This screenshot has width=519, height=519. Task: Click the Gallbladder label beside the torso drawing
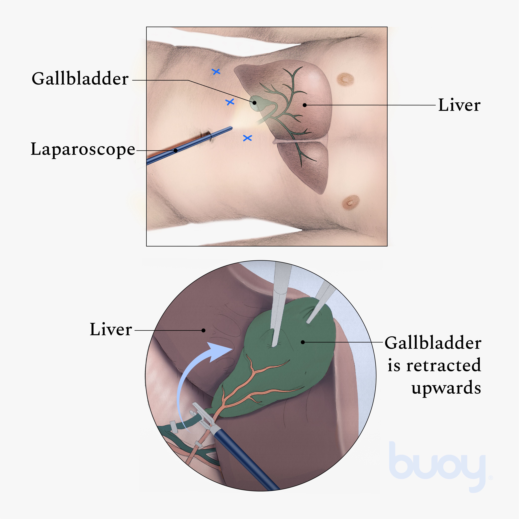coord(80,79)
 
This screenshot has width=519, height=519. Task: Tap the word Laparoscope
coord(83,149)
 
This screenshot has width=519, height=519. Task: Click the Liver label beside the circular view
coord(111,330)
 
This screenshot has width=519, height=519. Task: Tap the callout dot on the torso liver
coord(305,105)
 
